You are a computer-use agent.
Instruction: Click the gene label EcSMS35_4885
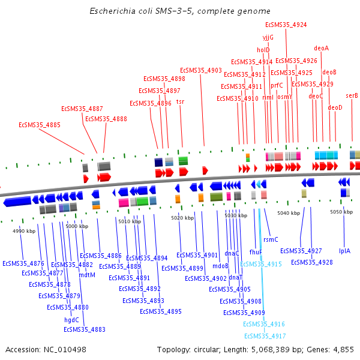click(40, 125)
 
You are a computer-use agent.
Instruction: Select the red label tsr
click(180, 102)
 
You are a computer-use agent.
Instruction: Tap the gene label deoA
click(322, 48)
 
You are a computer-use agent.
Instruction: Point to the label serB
click(352, 95)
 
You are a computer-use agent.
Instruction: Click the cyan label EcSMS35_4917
click(265, 335)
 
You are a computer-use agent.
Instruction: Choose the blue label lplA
click(344, 251)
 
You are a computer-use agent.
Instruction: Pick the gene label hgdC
click(71, 320)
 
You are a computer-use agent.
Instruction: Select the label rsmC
click(271, 239)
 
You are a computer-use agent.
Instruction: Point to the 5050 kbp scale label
click(341, 212)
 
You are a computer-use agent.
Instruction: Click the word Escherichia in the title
click(112, 11)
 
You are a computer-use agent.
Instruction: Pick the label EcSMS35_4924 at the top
click(286, 25)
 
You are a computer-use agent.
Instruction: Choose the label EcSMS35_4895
click(161, 311)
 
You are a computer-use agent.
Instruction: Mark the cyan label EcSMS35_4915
click(261, 264)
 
